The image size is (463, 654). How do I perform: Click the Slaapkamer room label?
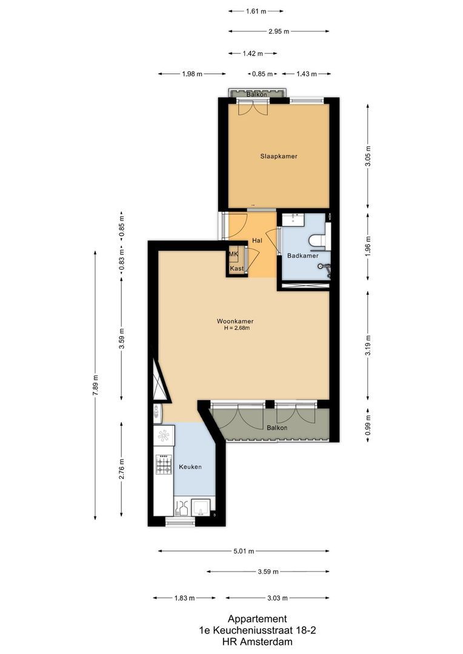(279, 156)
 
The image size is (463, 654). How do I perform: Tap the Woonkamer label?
(235, 321)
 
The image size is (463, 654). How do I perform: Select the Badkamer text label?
(302, 256)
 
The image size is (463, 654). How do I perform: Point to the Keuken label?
(189, 467)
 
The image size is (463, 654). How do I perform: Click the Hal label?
(257, 240)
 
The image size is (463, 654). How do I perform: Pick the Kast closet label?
(236, 268)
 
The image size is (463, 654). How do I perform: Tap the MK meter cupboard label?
(233, 254)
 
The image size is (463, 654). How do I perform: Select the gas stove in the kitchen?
(164, 465)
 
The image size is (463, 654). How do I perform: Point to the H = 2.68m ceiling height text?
(236, 328)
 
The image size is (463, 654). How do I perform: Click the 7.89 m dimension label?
(96, 385)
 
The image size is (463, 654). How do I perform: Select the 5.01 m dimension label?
(244, 551)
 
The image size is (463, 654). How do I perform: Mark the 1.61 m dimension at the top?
(256, 11)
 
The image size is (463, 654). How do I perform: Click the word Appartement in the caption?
(257, 619)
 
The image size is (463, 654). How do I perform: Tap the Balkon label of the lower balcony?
(277, 428)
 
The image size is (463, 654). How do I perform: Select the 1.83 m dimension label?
(184, 598)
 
